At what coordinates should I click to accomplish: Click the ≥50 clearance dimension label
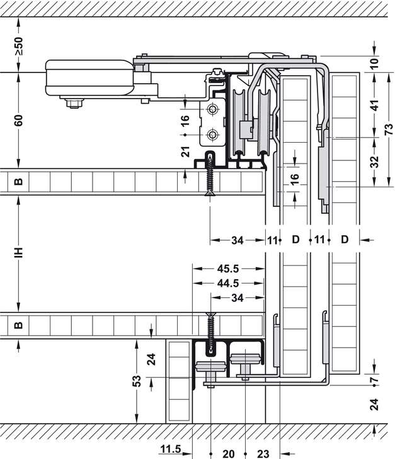point(18,46)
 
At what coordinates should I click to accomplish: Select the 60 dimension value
point(18,119)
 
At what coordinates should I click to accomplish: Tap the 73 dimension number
point(388,129)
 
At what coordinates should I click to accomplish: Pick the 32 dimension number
point(375,162)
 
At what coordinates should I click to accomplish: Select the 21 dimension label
point(185,151)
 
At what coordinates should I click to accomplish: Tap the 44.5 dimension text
point(227,283)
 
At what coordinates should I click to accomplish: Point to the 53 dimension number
point(137,381)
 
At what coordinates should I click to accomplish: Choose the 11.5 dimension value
point(170,448)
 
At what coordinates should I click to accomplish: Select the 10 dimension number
point(375,63)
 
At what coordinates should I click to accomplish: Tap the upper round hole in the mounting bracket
point(213,111)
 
